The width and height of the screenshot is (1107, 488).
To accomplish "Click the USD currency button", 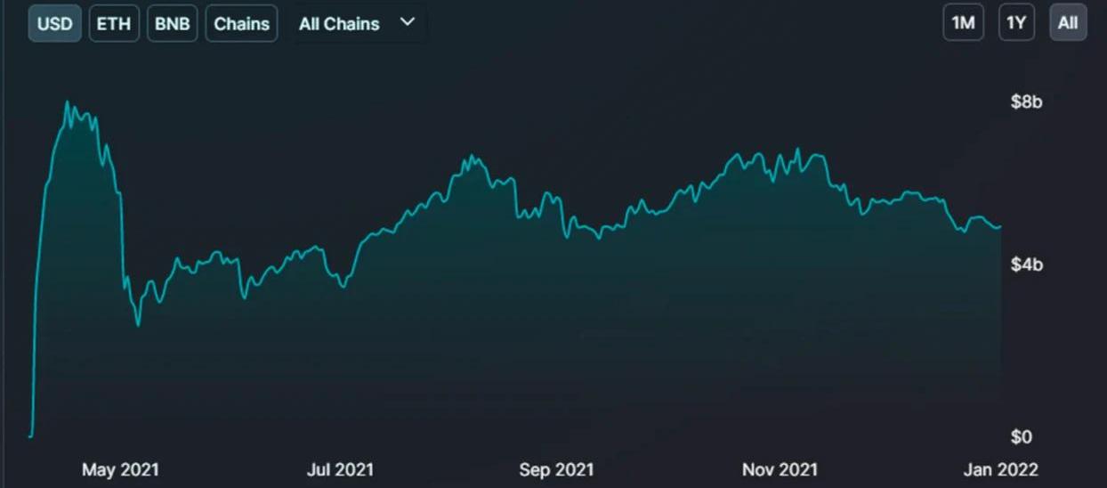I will click(x=55, y=23).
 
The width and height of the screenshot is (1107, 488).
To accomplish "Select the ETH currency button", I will click(x=114, y=23).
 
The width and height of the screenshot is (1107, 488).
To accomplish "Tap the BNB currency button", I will click(x=172, y=23).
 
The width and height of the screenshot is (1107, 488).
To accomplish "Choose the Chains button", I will click(x=241, y=23).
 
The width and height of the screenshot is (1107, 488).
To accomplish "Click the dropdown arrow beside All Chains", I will click(x=408, y=21).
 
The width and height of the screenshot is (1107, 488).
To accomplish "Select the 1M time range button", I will click(x=964, y=23).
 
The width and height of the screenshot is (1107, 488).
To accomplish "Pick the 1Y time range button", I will click(x=1015, y=23).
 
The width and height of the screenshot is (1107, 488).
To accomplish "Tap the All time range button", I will click(x=1068, y=23).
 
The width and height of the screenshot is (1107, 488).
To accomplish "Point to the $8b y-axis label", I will click(x=1026, y=102).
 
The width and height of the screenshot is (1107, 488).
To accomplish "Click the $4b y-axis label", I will click(x=1026, y=264).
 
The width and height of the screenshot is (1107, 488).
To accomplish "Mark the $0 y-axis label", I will click(x=1021, y=436).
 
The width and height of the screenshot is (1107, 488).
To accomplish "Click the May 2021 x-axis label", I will click(x=120, y=469).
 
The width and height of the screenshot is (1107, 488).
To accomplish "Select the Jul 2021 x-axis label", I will click(x=340, y=469).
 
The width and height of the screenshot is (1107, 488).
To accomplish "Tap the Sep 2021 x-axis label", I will click(x=556, y=469).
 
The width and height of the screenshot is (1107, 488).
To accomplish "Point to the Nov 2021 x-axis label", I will click(x=780, y=469).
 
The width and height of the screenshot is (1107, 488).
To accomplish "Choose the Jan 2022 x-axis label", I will click(x=1000, y=469).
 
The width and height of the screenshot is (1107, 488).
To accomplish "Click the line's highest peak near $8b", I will click(x=68, y=102).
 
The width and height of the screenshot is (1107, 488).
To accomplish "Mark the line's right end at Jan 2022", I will click(x=1000, y=226).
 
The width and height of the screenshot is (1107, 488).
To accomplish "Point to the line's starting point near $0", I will click(x=30, y=436).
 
